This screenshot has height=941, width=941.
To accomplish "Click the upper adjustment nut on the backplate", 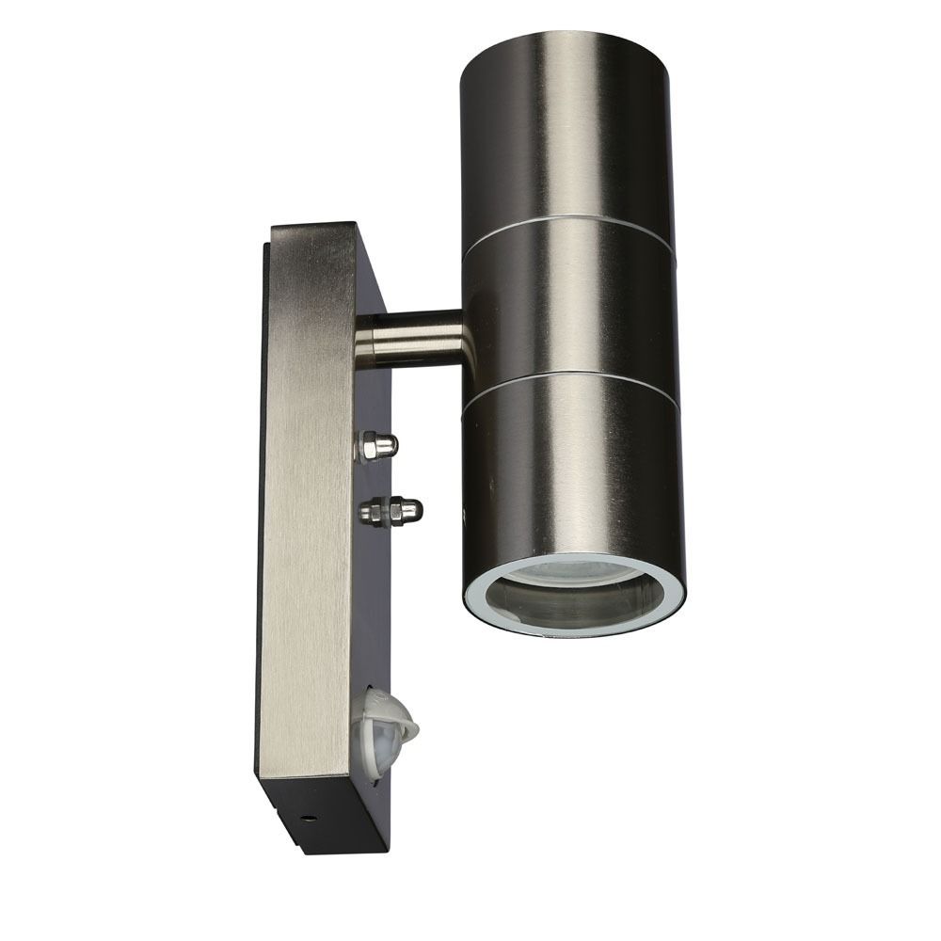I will click(376, 445).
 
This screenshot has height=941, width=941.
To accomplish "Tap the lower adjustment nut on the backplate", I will click(391, 510).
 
